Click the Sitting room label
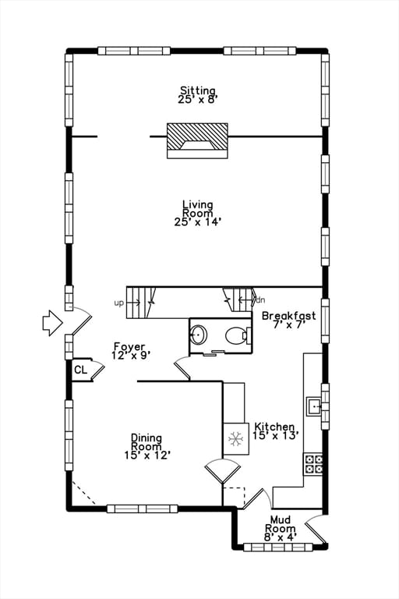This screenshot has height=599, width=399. pos(197,95)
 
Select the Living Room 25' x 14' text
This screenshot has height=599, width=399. pos(197,213)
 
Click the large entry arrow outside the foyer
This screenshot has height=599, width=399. pos(51,322)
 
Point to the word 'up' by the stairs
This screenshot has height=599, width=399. pos(118,303)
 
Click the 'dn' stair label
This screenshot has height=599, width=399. pos(260,299)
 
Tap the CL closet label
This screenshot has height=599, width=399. pos(80,370)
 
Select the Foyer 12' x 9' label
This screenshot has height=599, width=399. pos(131,350)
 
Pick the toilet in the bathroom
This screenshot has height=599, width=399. pos(236,336)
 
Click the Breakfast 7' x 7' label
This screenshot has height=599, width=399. pos(288,320)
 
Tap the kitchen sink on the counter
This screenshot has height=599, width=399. pos(313,406)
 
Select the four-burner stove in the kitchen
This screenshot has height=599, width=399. pos(313,464)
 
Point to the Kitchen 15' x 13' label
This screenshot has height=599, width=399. pos(274,431)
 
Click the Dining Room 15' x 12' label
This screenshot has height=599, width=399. pos(147,446)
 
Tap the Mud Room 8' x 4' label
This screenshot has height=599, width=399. pos(280,528)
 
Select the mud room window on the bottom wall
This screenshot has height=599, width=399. pos(278,547)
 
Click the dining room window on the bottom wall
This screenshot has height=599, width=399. pos(142,509)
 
